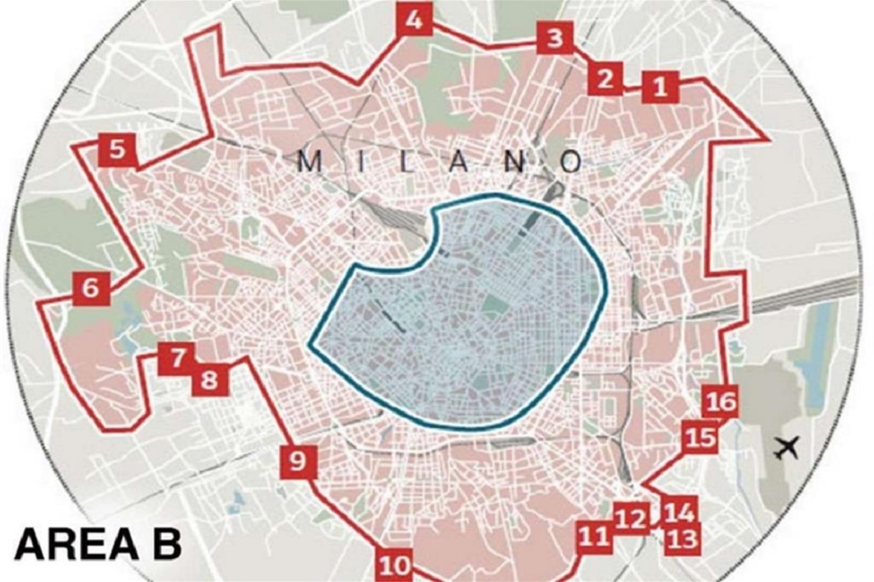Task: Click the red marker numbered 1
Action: [x=660, y=87]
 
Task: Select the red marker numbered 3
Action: [x=555, y=38]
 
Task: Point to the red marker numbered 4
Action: [x=414, y=21]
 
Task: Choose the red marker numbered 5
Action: [x=117, y=149]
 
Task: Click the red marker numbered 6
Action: [x=91, y=288]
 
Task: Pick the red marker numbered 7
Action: [x=178, y=359]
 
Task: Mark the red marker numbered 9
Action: [x=298, y=462]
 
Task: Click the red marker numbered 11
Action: [x=594, y=536]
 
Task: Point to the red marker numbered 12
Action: [x=631, y=518]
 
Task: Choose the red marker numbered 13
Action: [x=681, y=538]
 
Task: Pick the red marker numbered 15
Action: [x=698, y=437]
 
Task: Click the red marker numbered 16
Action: [x=720, y=403]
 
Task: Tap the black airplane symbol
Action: [x=788, y=448]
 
